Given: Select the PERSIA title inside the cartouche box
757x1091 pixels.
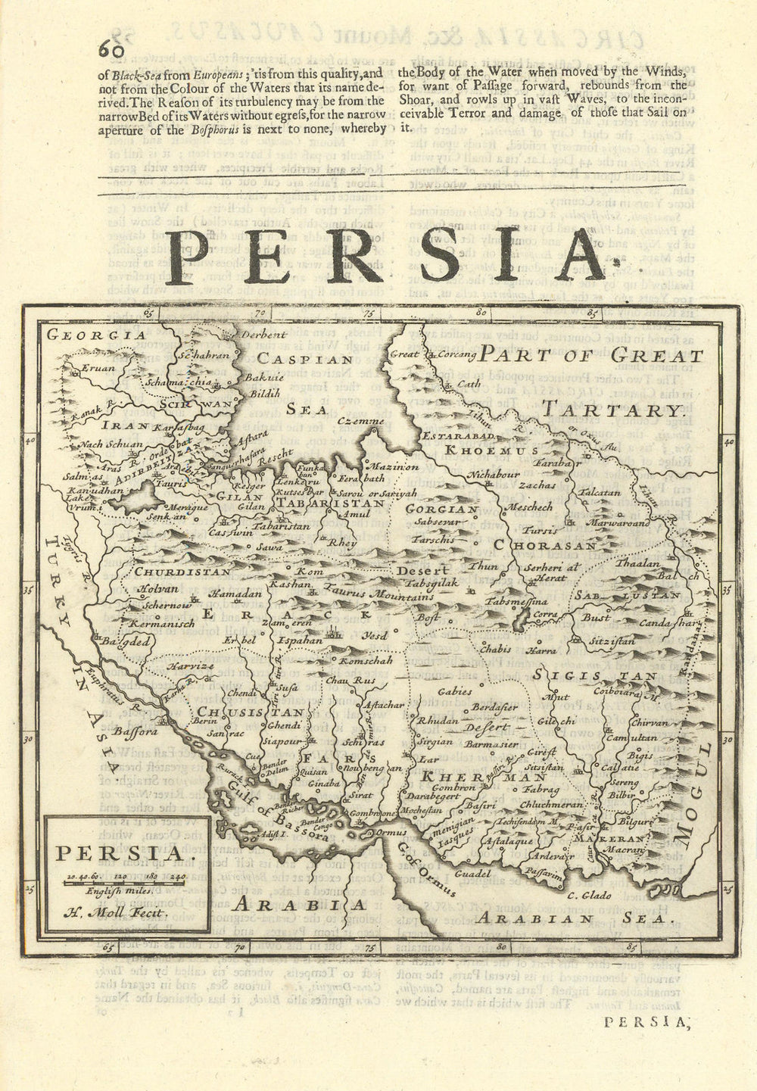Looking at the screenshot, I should [119, 855].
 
